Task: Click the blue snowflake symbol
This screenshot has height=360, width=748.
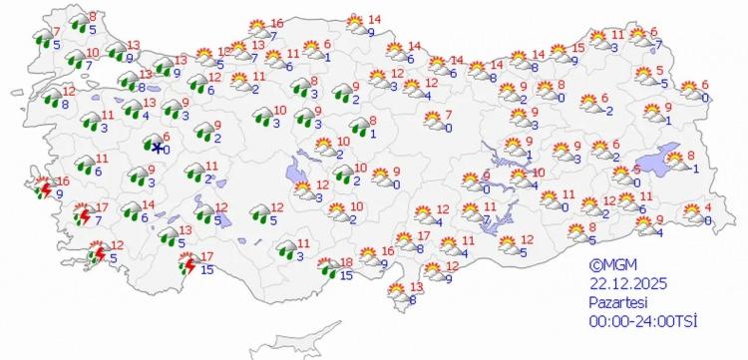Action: [x=158, y=148]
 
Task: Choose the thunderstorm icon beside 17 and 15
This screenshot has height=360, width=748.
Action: [x=186, y=264]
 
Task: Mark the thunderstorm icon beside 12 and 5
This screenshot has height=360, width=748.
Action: [x=98, y=252]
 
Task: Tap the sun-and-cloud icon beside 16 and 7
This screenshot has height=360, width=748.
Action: [x=256, y=29]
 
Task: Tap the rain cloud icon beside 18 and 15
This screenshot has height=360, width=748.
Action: [x=326, y=267]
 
